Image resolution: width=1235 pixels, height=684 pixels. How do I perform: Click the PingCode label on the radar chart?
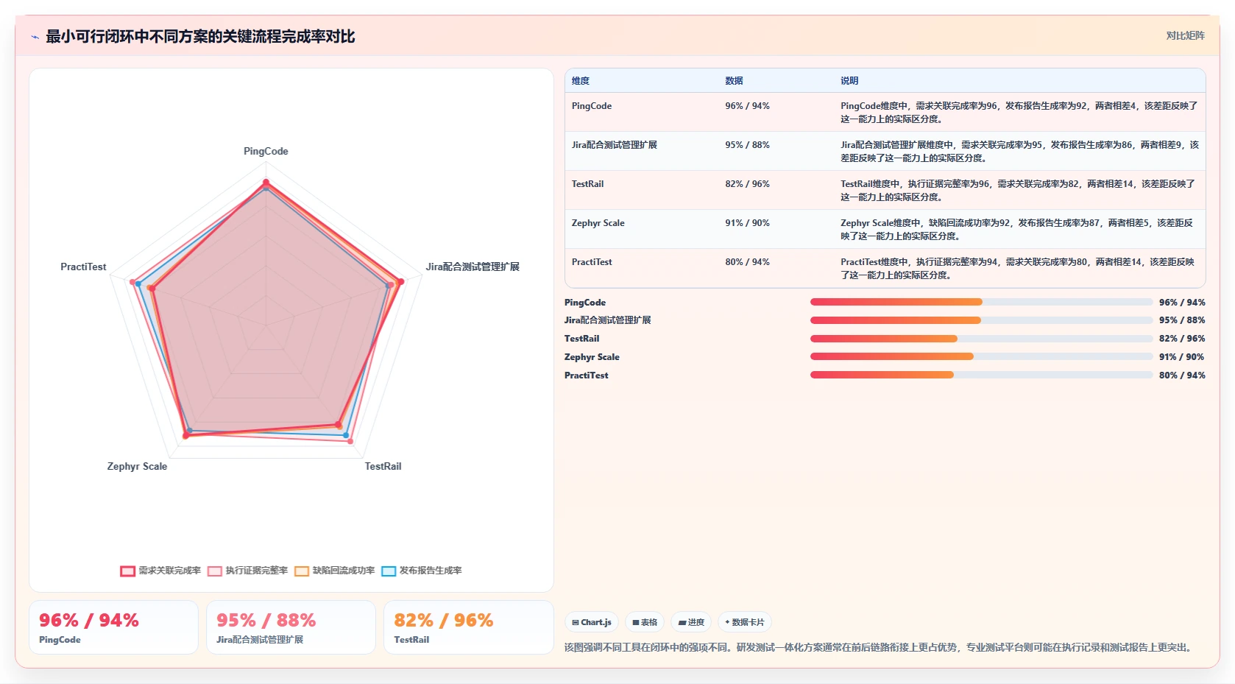click(x=266, y=151)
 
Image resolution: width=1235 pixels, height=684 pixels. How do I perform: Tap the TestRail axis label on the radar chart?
click(x=383, y=466)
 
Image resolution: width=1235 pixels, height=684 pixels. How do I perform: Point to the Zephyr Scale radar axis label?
click(x=137, y=466)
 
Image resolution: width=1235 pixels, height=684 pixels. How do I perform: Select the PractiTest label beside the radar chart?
click(x=83, y=267)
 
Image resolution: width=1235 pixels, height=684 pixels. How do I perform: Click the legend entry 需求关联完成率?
click(x=160, y=571)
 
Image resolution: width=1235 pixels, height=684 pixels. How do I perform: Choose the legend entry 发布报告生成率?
click(x=422, y=571)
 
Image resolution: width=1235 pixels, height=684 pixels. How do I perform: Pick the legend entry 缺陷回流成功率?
click(x=335, y=571)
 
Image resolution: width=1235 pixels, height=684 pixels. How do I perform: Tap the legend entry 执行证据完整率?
click(x=247, y=571)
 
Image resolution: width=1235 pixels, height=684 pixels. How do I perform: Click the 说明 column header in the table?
click(x=849, y=80)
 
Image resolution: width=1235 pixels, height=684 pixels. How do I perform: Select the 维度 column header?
click(x=581, y=80)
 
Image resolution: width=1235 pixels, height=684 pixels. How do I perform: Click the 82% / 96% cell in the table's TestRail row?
click(x=747, y=183)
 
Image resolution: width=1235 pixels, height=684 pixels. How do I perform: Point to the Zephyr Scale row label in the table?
click(x=598, y=223)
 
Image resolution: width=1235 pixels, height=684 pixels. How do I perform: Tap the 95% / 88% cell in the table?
click(x=747, y=144)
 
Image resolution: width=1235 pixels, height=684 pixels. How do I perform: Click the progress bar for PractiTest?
click(x=981, y=375)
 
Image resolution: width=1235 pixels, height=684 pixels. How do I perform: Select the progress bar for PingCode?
click(x=981, y=302)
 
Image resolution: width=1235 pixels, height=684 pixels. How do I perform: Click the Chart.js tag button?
click(x=592, y=622)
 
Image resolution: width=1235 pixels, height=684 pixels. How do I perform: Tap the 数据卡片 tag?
click(x=744, y=622)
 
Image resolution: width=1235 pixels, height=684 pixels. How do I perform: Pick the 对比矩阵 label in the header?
click(x=1185, y=36)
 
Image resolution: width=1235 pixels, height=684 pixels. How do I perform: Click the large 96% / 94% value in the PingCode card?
click(x=89, y=620)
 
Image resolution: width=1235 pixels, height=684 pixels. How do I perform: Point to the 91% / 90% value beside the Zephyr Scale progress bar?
click(x=1181, y=357)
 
